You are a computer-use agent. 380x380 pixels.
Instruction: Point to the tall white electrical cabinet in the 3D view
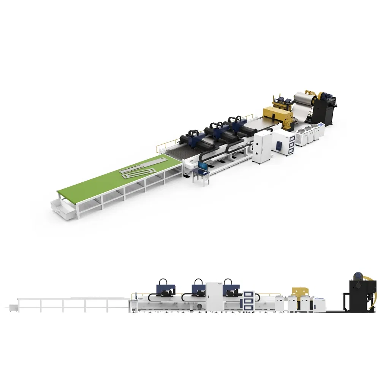coord(262,146)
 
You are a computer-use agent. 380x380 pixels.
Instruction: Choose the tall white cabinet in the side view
coord(214,296)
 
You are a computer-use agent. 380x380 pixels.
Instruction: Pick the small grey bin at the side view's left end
coord(13,306)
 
